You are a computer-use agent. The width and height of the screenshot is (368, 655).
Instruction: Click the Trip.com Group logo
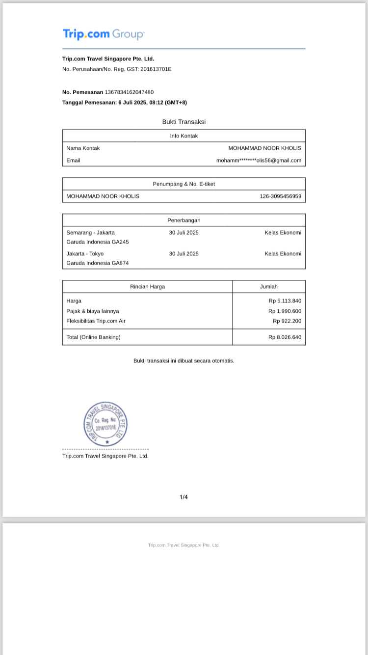coord(104,34)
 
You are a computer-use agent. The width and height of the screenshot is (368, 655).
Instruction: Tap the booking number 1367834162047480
coord(129,92)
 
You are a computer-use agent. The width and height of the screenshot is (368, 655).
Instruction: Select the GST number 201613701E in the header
coord(156,69)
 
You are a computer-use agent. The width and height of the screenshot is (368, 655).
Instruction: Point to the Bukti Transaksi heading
coord(184,122)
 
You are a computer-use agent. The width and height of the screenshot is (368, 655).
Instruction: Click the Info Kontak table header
coord(184,136)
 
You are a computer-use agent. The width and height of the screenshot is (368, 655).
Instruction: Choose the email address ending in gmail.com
coord(259,161)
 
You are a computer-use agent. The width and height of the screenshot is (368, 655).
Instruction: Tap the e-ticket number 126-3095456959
coord(280,196)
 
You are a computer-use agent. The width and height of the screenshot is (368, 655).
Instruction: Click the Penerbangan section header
coord(184,220)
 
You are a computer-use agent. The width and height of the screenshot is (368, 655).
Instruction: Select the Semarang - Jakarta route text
coord(91,233)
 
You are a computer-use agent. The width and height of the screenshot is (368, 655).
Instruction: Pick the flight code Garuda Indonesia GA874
coord(98,263)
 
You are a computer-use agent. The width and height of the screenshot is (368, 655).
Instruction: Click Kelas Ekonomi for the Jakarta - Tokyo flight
coord(283,254)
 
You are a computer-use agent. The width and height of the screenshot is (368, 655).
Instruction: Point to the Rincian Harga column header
coord(147,287)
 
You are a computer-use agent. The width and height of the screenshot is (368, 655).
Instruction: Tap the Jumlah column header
coord(268,287)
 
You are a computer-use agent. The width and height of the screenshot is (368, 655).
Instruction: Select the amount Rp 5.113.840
coord(285,301)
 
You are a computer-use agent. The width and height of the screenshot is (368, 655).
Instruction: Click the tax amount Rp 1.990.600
coord(285,311)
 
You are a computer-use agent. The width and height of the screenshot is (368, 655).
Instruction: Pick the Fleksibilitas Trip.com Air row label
coord(96,321)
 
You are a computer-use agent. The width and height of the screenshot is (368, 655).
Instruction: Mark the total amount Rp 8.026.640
coord(285,337)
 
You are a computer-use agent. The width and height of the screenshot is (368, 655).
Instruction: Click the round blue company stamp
coord(105,424)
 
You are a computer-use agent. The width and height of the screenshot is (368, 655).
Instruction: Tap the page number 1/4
coord(184,497)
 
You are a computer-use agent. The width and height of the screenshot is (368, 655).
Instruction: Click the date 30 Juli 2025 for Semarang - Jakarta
coord(184,233)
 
